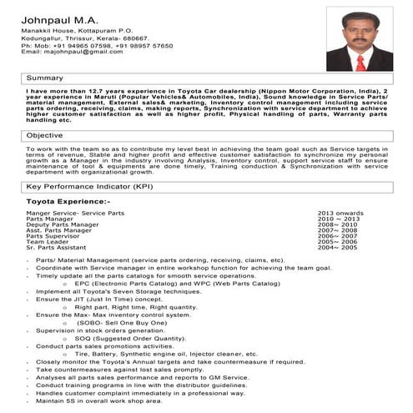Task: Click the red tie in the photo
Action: (x=360, y=62)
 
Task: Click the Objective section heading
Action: (x=45, y=135)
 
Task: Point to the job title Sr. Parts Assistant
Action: (x=56, y=248)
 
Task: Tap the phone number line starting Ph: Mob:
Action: (x=96, y=44)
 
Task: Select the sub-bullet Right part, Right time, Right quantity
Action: (x=140, y=307)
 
